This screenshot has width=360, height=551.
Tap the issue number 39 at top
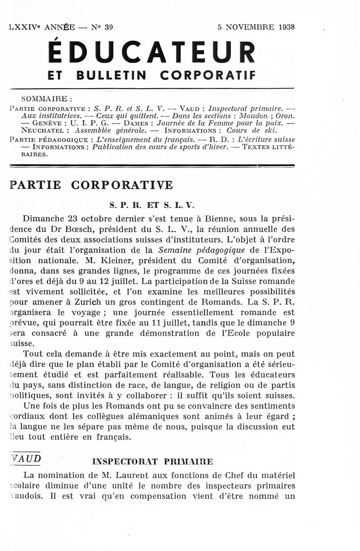(108, 27)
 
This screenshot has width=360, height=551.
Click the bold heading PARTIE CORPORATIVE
(91, 185)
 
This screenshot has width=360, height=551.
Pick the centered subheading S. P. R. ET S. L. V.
(151, 205)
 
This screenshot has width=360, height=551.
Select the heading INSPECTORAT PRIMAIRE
(153, 461)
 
